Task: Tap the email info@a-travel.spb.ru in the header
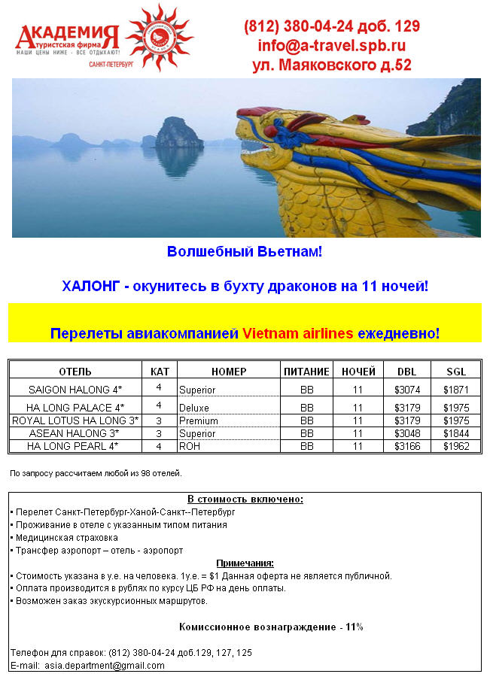tap(331, 45)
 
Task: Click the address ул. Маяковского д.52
tap(331, 65)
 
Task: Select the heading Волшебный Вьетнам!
tap(245, 251)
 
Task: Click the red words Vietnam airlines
tap(297, 333)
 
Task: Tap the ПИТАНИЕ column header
tap(306, 372)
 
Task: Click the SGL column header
tap(456, 372)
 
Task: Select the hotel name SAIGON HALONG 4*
tap(75, 390)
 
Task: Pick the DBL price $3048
tap(406, 433)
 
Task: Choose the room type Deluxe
tap(194, 408)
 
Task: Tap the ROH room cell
tap(189, 446)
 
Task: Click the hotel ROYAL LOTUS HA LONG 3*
tap(75, 420)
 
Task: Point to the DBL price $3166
tap(406, 446)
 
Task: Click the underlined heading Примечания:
tap(245, 563)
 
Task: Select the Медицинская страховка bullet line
tap(63, 537)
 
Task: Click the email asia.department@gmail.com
tap(104, 665)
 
